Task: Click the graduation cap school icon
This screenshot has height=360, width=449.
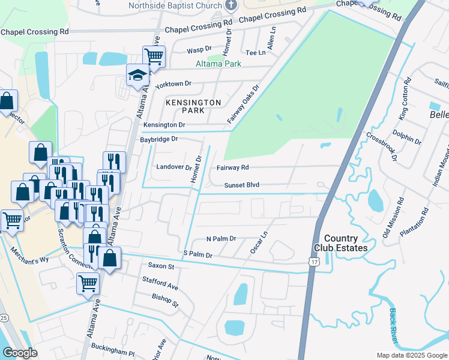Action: pos(137,75)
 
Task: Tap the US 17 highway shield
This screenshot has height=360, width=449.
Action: pos(313,262)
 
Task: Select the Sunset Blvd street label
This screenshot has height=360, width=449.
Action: pos(242,185)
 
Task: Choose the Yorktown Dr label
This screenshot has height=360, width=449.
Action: pos(173,85)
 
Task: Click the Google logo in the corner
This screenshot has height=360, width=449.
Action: pos(20,353)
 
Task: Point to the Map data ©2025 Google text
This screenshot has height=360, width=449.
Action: pos(411,355)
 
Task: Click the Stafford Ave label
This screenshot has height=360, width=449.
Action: pos(160,283)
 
